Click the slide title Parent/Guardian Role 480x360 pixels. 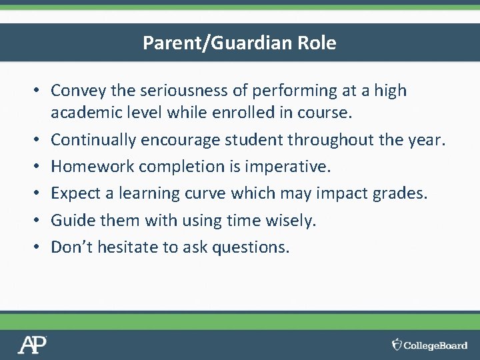(x=239, y=43)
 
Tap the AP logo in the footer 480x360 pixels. (x=32, y=345)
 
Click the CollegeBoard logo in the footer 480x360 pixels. (x=430, y=345)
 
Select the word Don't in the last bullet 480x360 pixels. (x=72, y=247)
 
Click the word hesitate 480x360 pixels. (x=125, y=247)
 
